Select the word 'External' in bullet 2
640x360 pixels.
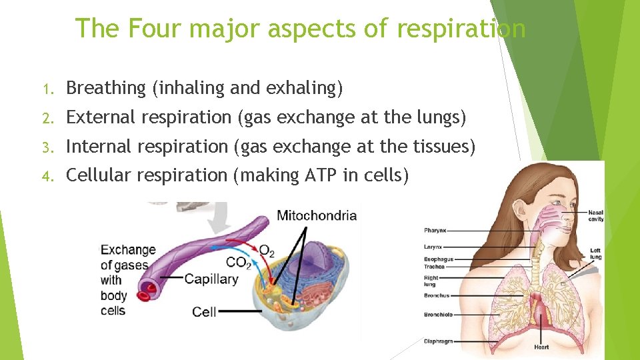[99, 117]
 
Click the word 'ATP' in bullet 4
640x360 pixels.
[322, 175]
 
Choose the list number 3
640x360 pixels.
[46, 147]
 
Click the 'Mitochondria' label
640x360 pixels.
[317, 215]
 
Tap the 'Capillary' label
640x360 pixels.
[211, 279]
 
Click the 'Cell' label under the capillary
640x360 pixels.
[204, 311]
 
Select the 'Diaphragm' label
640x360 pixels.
[438, 341]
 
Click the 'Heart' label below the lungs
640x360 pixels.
[541, 347]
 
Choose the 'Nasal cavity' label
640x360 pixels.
[595, 216]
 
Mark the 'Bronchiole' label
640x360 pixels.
[438, 315]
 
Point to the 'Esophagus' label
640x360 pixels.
[438, 259]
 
